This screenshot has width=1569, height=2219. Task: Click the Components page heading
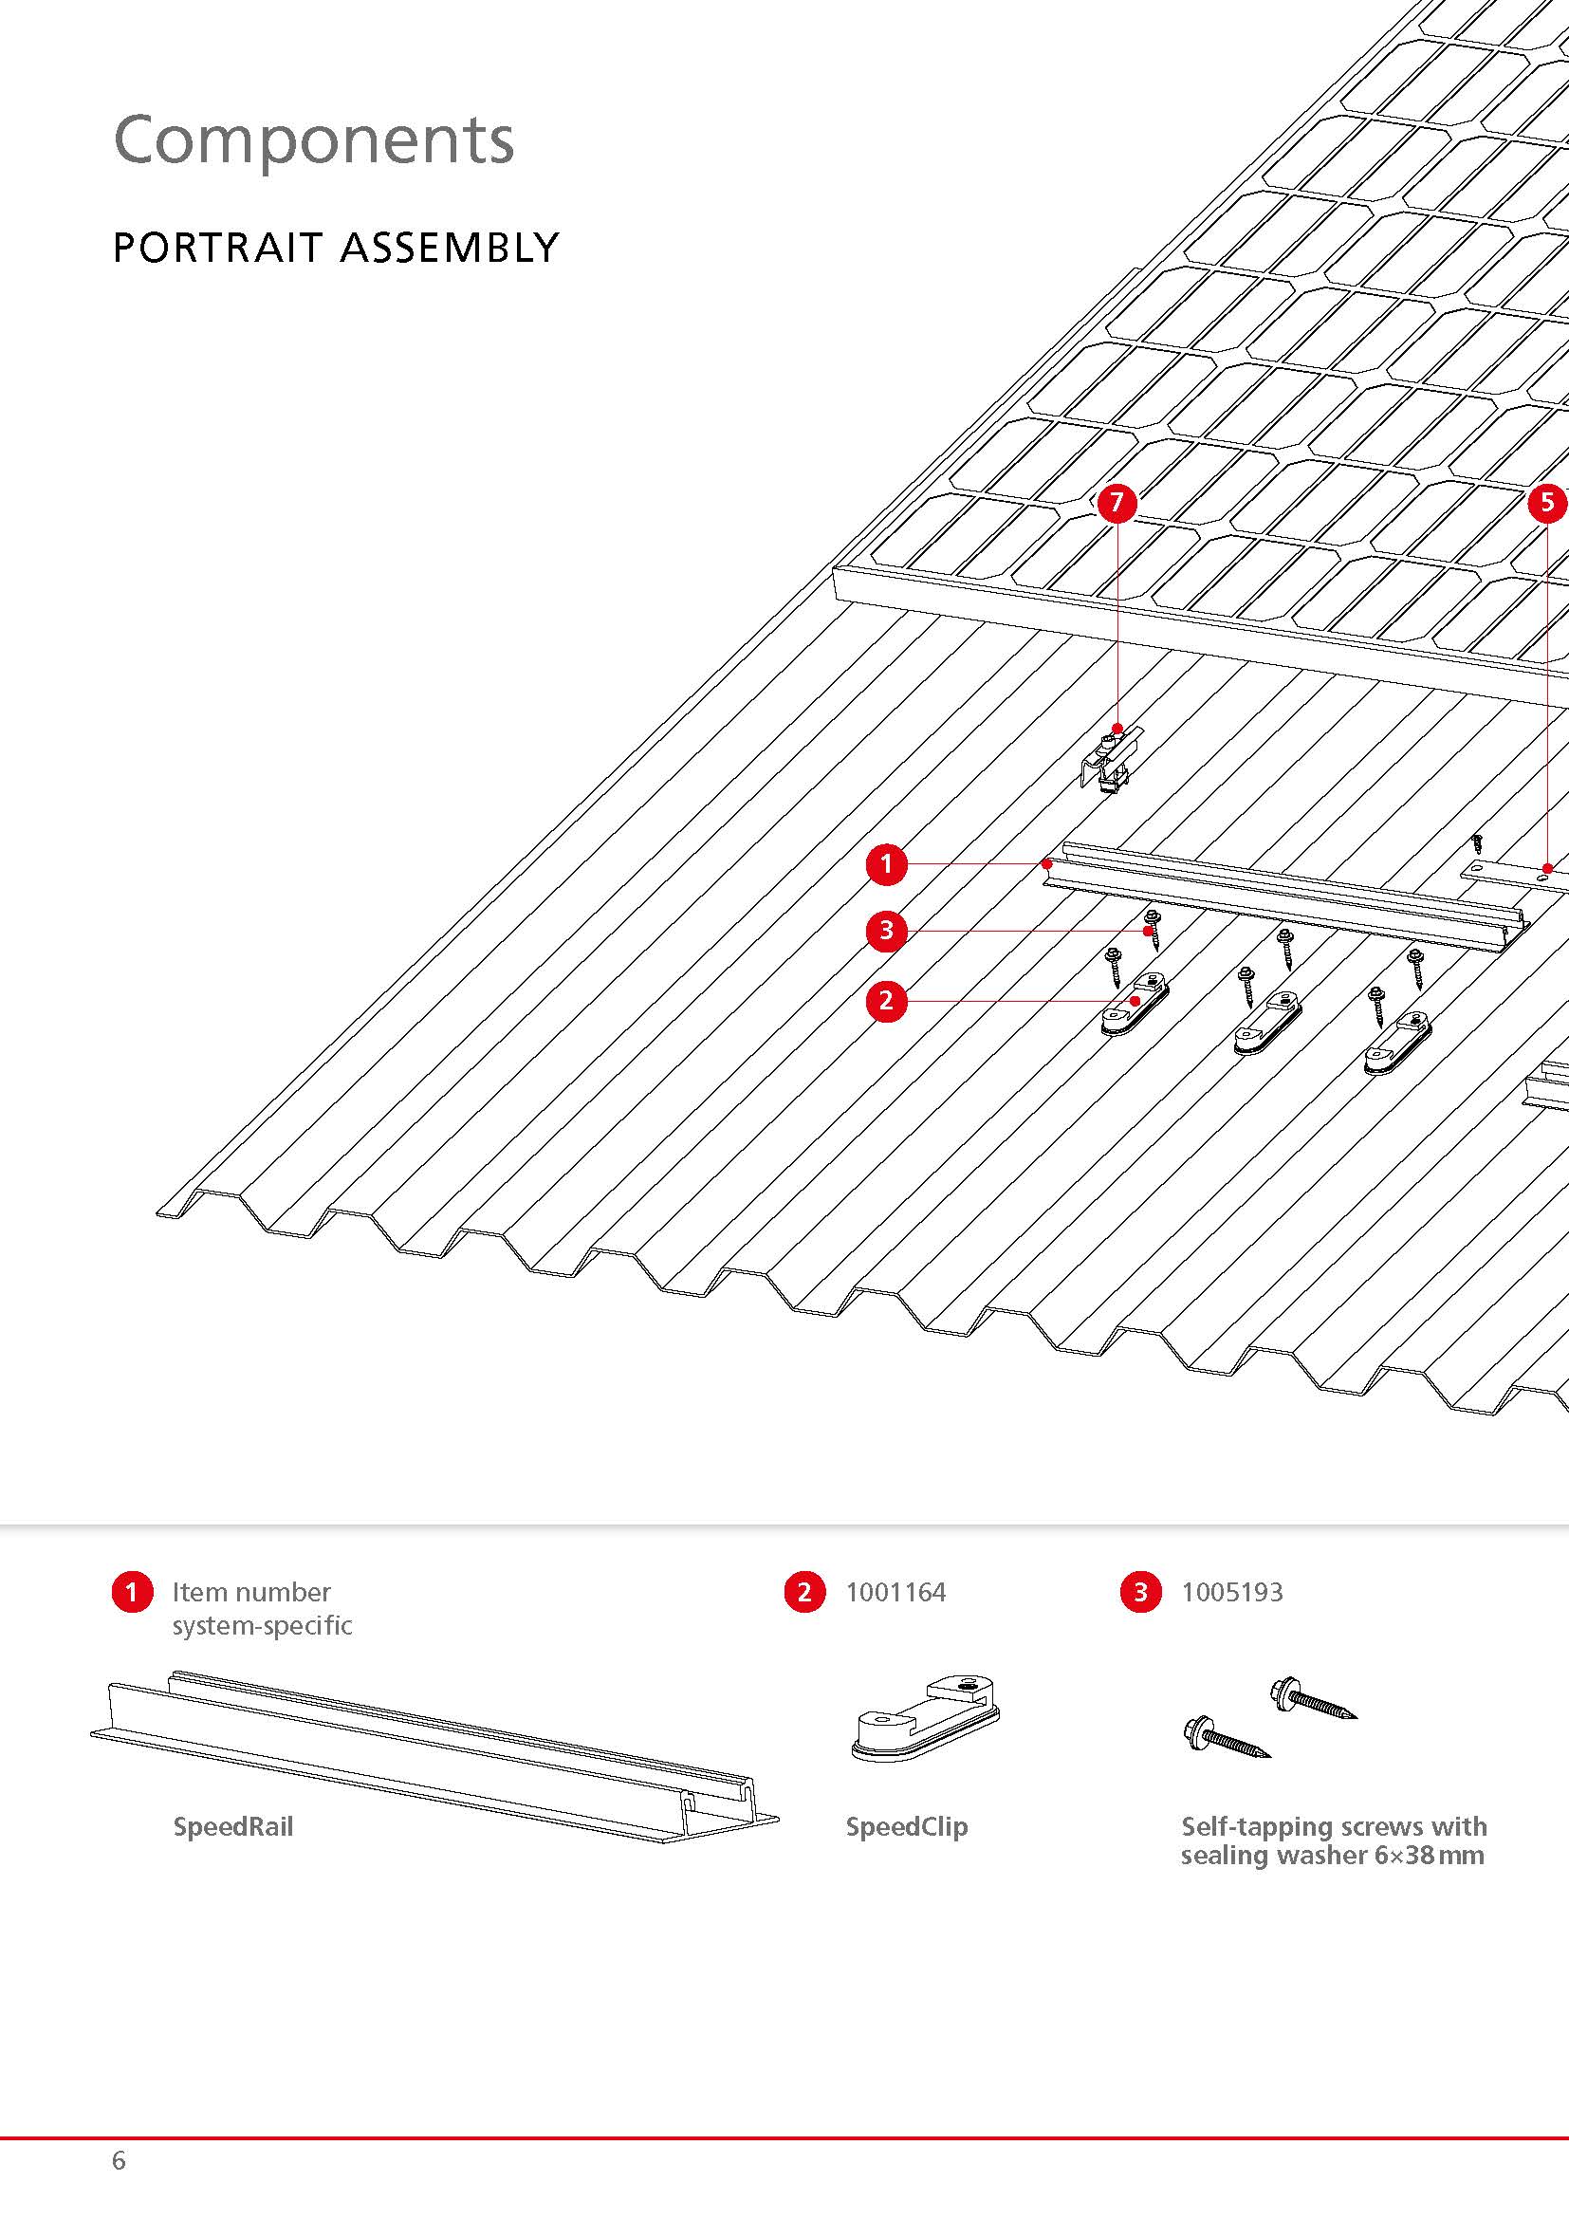coord(314,140)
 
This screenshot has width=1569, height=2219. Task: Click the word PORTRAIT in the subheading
coord(215,249)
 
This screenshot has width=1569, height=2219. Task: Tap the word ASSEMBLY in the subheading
coord(450,249)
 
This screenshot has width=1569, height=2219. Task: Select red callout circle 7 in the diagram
coord(1117,503)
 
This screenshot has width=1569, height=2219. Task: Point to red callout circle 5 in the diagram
coord(1548,503)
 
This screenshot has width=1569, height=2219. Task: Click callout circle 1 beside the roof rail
coord(887,863)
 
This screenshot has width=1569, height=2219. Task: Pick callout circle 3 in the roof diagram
coord(887,931)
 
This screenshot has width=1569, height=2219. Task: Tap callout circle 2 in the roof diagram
coord(887,1000)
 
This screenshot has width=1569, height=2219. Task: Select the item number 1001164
coord(895,1593)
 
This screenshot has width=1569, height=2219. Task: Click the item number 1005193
coord(1232,1593)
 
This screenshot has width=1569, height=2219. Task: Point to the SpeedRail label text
coord(232,1826)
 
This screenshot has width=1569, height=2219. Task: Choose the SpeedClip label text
coord(906,1826)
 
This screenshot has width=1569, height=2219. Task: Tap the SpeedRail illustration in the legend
coord(434,1749)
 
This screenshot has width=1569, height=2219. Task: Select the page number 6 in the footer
coord(119,2160)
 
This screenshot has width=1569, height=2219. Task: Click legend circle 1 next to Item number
coord(133,1593)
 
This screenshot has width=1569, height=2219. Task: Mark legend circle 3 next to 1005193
coord(1140,1593)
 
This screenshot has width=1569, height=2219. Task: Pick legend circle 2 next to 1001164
coord(804,1593)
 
